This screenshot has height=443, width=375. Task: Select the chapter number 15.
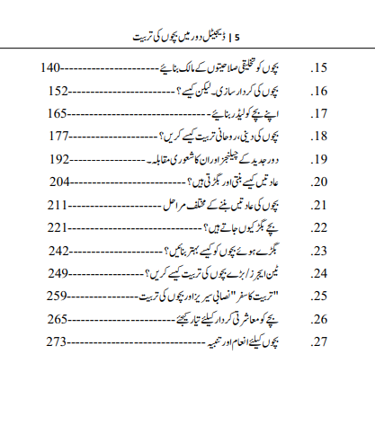click(x=317, y=68)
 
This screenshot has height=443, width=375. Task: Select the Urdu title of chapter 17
click(x=246, y=114)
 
